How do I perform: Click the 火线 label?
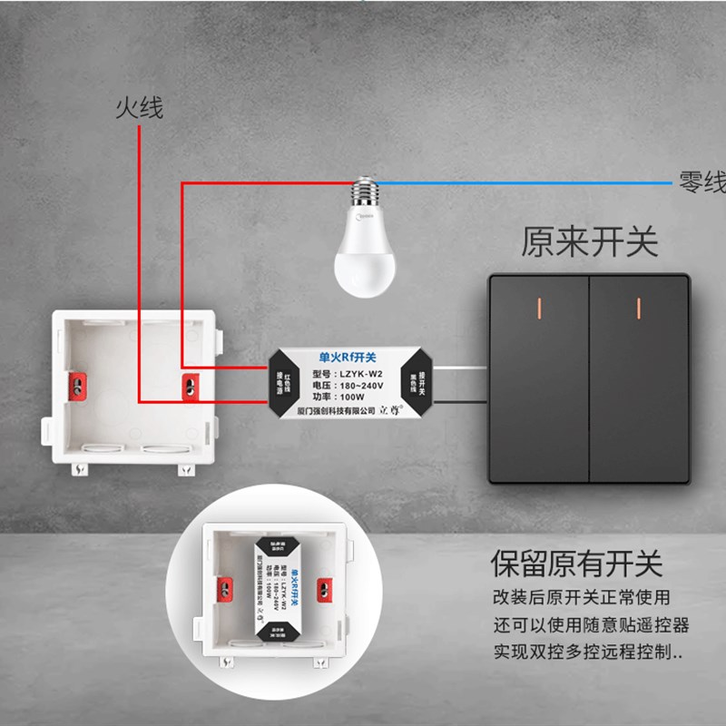139,108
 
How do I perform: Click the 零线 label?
702,181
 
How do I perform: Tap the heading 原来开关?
589,242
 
